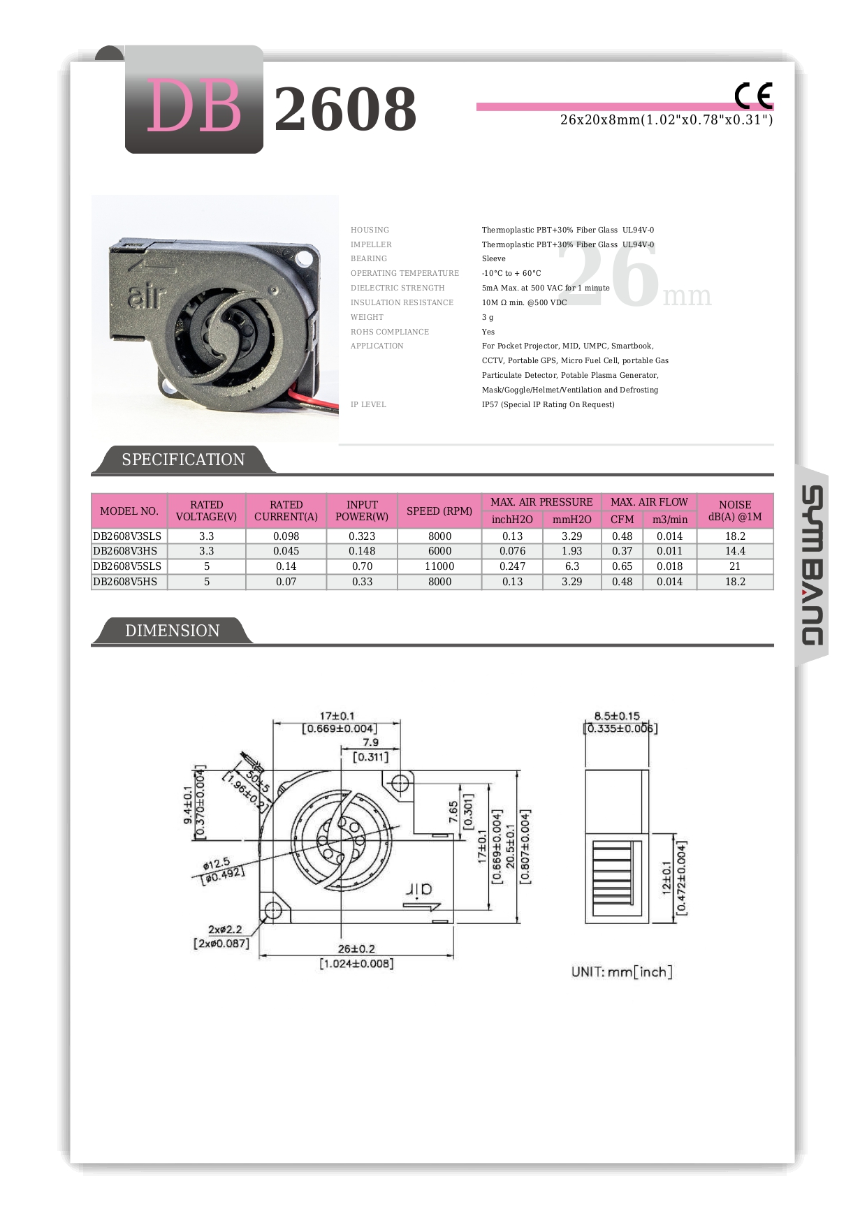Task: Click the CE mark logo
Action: point(753,96)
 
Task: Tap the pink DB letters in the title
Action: point(194,107)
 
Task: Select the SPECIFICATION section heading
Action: point(183,460)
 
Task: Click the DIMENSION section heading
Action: point(172,631)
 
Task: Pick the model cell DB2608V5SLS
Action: point(127,566)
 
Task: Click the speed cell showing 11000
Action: point(439,566)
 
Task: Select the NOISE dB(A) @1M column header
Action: point(735,511)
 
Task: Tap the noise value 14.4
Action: point(735,551)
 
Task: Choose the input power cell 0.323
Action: point(362,536)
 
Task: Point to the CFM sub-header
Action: point(622,520)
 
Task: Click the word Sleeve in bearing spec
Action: point(493,258)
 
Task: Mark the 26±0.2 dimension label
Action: point(356,949)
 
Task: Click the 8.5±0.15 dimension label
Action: point(617,716)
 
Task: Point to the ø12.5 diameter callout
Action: point(217,864)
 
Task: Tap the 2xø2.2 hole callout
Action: point(225,930)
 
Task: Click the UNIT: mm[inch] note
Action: point(621,971)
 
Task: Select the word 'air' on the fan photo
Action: point(146,298)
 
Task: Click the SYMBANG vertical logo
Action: point(812,565)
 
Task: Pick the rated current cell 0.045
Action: point(286,551)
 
